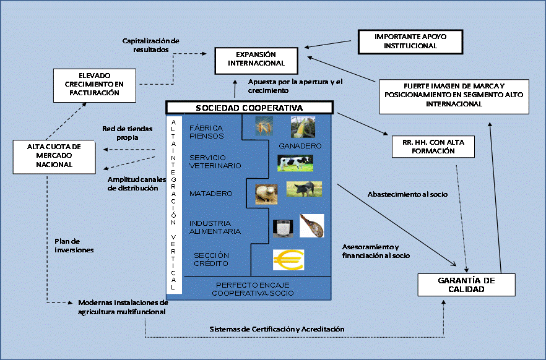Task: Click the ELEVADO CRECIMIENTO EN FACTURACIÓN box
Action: [94, 85]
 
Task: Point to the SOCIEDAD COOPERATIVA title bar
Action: [249, 108]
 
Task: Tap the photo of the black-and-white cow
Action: [295, 163]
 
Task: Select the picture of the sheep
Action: [266, 192]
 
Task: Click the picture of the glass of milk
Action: [283, 227]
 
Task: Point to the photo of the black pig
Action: [304, 189]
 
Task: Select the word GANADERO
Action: [301, 146]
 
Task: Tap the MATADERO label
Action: [211, 194]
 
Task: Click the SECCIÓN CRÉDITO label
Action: [211, 260]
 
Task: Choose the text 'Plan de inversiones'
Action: [71, 246]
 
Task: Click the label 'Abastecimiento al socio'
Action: [407, 194]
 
